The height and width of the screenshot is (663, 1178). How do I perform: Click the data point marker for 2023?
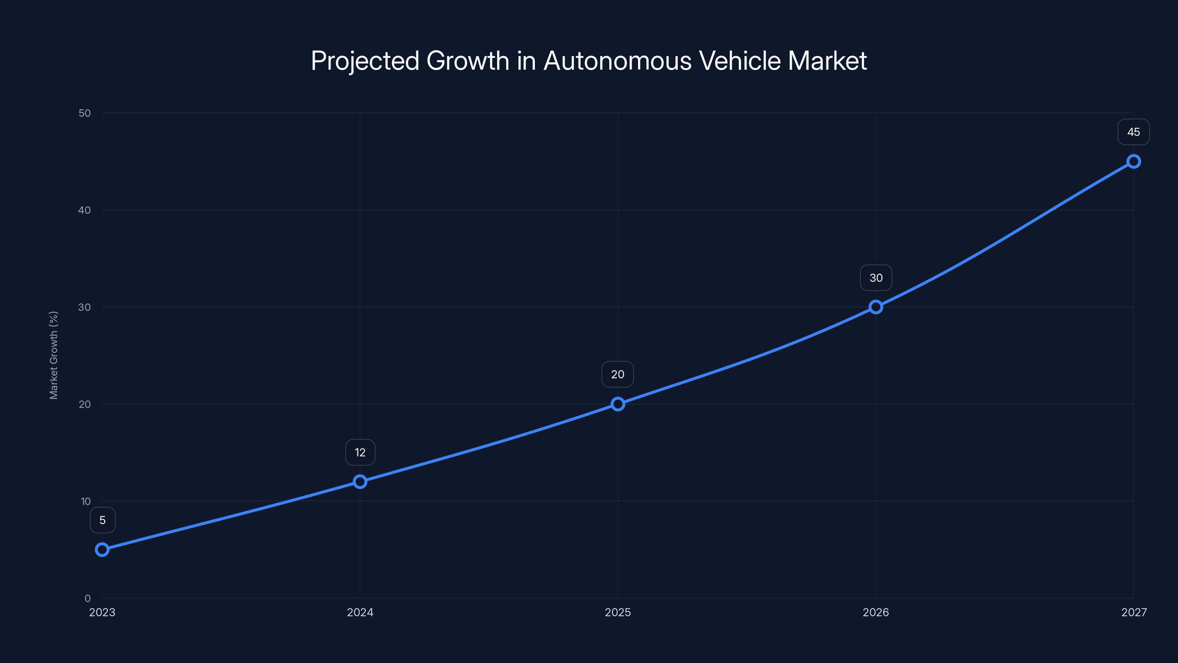pyautogui.click(x=102, y=550)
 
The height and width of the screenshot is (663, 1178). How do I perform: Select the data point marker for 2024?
pyautogui.click(x=360, y=482)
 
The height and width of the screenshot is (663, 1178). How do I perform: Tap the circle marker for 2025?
pyautogui.click(x=618, y=404)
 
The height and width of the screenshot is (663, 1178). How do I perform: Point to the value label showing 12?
pyautogui.click(x=360, y=453)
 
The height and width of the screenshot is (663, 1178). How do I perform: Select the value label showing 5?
pyautogui.click(x=102, y=520)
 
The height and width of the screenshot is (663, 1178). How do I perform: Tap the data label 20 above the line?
pyautogui.click(x=618, y=374)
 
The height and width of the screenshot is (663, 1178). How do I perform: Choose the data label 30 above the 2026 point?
pyautogui.click(x=876, y=278)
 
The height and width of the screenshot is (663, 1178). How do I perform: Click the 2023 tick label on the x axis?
pyautogui.click(x=102, y=612)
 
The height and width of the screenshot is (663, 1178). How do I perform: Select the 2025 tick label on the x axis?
pyautogui.click(x=618, y=612)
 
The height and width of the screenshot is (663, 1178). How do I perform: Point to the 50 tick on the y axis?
pyautogui.click(x=85, y=113)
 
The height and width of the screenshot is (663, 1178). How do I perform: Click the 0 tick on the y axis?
pyautogui.click(x=87, y=598)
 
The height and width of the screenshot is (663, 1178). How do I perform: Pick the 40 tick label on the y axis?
pyautogui.click(x=85, y=210)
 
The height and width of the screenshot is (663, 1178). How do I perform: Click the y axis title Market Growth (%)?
pyautogui.click(x=53, y=355)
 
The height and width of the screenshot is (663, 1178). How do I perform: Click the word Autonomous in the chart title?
pyautogui.click(x=617, y=61)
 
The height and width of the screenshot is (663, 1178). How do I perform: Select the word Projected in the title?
pyautogui.click(x=365, y=61)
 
